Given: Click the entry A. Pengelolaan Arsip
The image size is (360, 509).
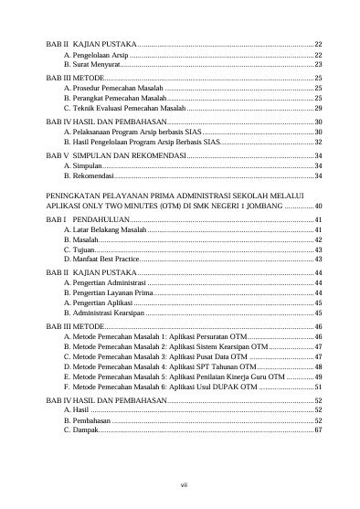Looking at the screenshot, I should click(x=89, y=55).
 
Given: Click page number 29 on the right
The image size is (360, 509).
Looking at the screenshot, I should click(x=318, y=108).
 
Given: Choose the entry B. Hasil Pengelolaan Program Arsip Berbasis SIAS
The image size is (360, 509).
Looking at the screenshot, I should click(x=141, y=143).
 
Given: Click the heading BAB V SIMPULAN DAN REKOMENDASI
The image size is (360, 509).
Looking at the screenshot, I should click(x=115, y=156).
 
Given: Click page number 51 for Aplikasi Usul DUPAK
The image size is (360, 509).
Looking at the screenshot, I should click(x=318, y=387).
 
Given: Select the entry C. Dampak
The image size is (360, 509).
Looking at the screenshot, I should click(x=80, y=429).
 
